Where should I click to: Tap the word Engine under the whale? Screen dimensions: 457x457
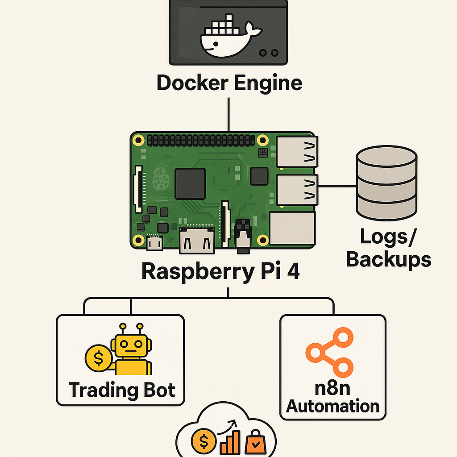267,83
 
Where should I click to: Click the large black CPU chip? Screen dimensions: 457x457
190,183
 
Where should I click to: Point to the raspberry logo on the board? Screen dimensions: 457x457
160,181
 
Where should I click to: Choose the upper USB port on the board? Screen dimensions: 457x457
296,152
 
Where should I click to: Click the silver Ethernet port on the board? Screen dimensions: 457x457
293,228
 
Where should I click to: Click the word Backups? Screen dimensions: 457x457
388,259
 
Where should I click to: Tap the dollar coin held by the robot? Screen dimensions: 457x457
99,357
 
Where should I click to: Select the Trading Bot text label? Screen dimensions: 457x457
121,390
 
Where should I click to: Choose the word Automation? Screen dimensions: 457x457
332,407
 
